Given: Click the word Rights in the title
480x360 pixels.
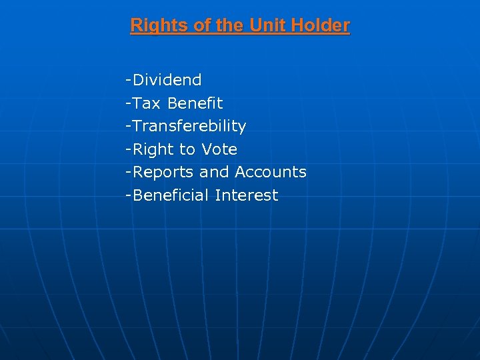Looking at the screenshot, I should click(x=153, y=26).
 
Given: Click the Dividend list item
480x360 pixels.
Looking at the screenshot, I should click(x=167, y=81).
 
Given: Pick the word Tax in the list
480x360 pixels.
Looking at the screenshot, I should click(x=147, y=103).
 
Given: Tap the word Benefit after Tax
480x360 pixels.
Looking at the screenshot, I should click(x=195, y=103).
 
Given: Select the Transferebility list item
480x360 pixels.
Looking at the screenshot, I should click(x=189, y=126).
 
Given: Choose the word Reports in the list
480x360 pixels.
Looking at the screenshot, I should click(x=164, y=172).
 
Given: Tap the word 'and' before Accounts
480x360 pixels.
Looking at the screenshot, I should click(x=214, y=172).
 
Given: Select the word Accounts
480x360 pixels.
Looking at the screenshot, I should click(x=271, y=172).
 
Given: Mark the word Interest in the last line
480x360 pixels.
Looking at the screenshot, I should click(x=247, y=195).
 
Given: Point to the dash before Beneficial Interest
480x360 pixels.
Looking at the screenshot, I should click(x=127, y=196).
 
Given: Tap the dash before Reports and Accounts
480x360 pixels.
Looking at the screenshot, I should click(x=127, y=173).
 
